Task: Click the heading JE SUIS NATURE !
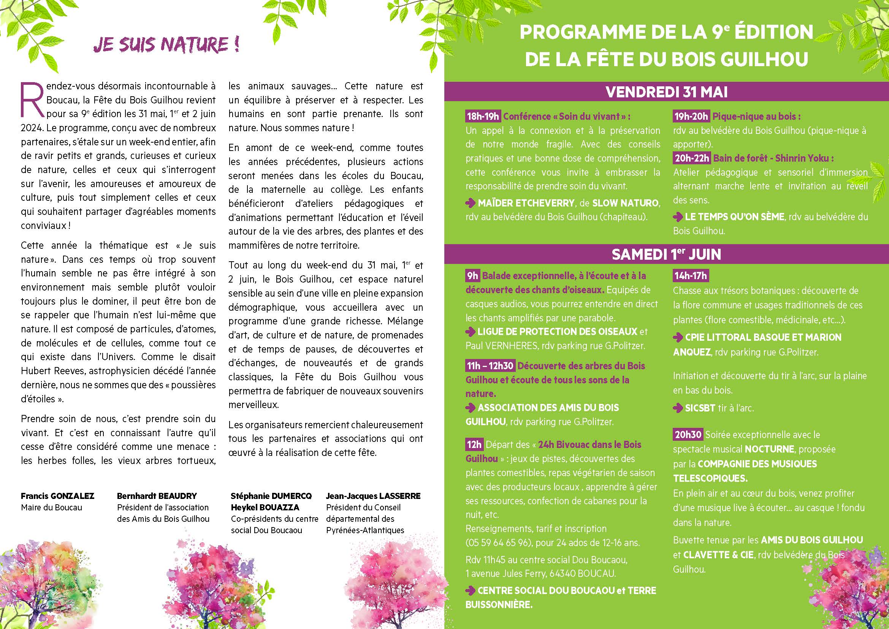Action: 166,44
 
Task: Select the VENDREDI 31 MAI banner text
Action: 666,92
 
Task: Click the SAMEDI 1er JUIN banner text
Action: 666,254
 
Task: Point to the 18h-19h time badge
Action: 483,116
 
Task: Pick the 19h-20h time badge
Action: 690,116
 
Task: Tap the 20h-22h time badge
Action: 691,158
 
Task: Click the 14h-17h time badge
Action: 690,276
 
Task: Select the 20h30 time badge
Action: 688,435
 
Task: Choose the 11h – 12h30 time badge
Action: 490,365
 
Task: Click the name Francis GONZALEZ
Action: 57,496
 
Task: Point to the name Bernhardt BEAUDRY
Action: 157,496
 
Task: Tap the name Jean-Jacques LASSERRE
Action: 373,496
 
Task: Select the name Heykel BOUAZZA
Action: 265,507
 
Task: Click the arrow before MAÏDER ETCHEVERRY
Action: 471,203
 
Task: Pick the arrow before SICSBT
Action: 678,408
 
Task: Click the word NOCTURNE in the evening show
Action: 769,449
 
